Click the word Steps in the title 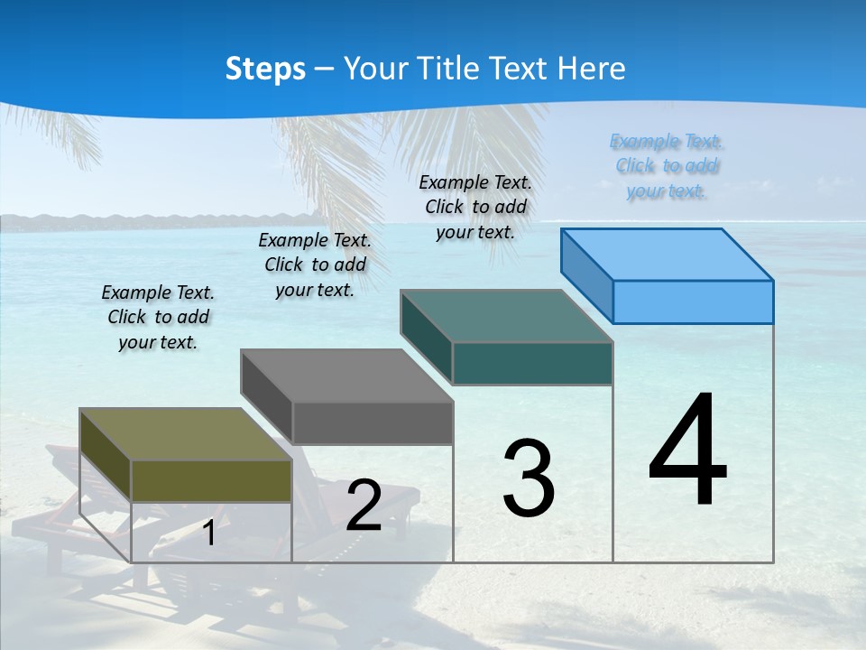pos(265,69)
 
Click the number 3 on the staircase pos(529,478)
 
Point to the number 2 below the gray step pos(364,506)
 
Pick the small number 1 pos(209,533)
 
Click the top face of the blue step pos(668,254)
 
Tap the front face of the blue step pos(693,302)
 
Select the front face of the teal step pos(532,363)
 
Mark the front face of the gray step pos(373,422)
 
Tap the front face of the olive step pos(211,480)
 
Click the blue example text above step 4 pos(666,166)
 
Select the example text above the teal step pos(475,207)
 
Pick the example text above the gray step pos(315,265)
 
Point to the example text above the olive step pos(158,317)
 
